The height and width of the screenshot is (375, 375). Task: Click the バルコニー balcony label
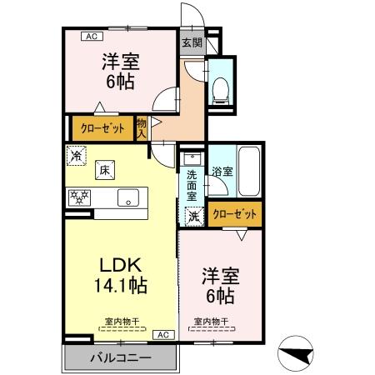(120, 358)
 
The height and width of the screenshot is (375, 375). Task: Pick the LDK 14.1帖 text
(123, 275)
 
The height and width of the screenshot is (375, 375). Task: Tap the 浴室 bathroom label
(222, 171)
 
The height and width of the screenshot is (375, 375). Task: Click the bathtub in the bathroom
(249, 172)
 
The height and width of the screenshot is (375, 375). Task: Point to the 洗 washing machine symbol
(193, 214)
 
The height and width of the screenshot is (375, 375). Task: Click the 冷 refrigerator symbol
(77, 155)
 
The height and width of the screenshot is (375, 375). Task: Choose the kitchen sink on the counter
(129, 197)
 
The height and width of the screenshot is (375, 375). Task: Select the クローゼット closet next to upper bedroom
(102, 128)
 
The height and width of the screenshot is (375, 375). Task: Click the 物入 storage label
(142, 127)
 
